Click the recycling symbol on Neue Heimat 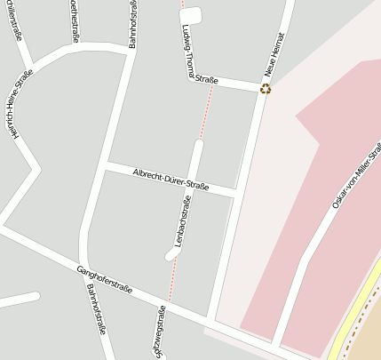point(265,88)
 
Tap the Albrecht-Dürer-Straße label point(171,179)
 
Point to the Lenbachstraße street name point(183,221)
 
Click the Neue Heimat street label point(276,56)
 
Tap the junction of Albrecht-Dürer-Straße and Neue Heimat point(235,193)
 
